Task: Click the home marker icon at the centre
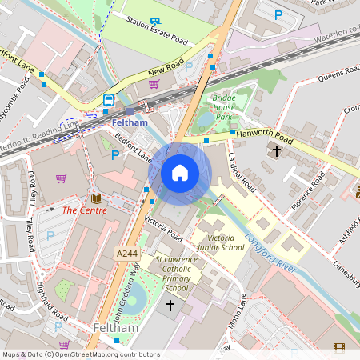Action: pos(180,173)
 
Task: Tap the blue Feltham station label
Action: pos(130,122)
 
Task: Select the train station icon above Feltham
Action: pos(108,100)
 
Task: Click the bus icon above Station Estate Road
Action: pos(154,22)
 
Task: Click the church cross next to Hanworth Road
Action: pos(277,150)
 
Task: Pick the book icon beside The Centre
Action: pos(96,198)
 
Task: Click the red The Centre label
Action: pos(84,211)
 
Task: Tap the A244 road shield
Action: pos(126,254)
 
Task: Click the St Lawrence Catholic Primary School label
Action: pos(171,274)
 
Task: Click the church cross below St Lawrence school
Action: pos(170,305)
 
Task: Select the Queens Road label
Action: pos(340,74)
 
